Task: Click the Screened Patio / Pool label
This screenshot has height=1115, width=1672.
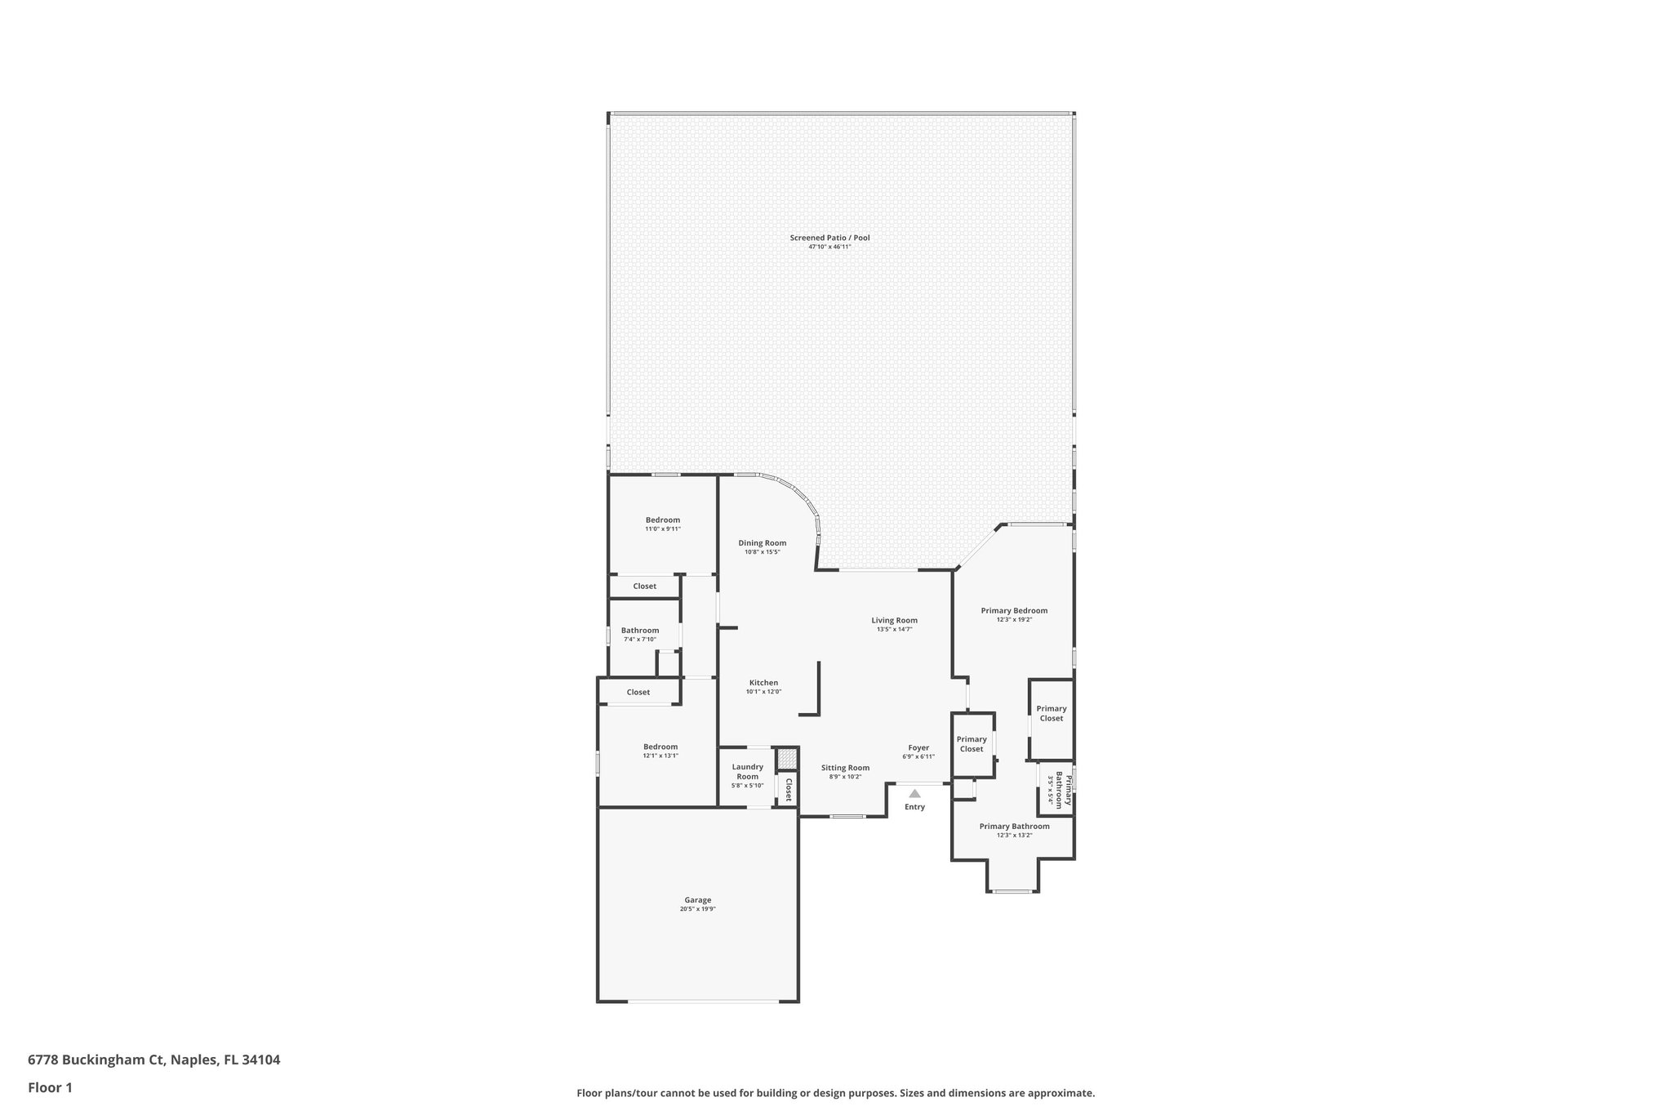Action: [829, 238]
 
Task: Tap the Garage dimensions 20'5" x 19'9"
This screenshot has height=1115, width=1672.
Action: [697, 909]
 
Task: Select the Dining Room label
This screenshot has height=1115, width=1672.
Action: [762, 543]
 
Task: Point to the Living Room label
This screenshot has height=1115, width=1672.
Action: [894, 620]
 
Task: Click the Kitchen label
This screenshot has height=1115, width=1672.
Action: [763, 683]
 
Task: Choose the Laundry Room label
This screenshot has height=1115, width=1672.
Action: [747, 771]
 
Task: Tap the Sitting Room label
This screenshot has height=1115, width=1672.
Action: [845, 768]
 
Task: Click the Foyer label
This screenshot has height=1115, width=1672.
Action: [918, 747]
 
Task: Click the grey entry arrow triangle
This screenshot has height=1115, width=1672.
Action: [914, 793]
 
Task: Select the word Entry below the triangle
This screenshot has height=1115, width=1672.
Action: [914, 807]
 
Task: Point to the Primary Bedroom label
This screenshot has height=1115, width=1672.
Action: [1014, 610]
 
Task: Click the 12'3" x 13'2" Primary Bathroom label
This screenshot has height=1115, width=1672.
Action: [1014, 831]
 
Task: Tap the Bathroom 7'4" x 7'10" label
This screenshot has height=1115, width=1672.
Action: [639, 635]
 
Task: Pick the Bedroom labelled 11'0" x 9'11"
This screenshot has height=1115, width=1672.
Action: [662, 524]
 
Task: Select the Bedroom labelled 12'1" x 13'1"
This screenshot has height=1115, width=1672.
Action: [660, 751]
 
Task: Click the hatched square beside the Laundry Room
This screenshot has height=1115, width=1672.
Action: [786, 759]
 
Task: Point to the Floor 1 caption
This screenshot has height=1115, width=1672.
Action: [50, 1087]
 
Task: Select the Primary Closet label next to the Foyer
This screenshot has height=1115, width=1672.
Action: [972, 744]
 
